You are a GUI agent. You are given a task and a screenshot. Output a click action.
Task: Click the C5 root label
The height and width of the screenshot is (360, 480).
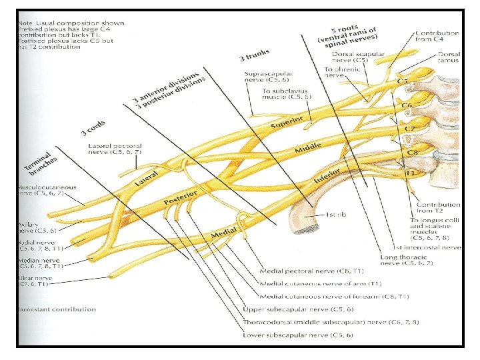pos(403,82)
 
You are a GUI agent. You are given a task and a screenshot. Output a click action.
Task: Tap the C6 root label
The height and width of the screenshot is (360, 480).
pos(406,104)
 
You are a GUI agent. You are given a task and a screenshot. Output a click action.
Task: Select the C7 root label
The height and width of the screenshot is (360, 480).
pos(410,127)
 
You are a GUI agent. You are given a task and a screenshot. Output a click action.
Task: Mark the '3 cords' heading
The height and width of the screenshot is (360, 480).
pos(93,127)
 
